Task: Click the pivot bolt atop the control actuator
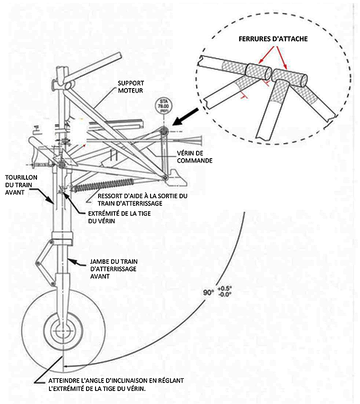[163, 131]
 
